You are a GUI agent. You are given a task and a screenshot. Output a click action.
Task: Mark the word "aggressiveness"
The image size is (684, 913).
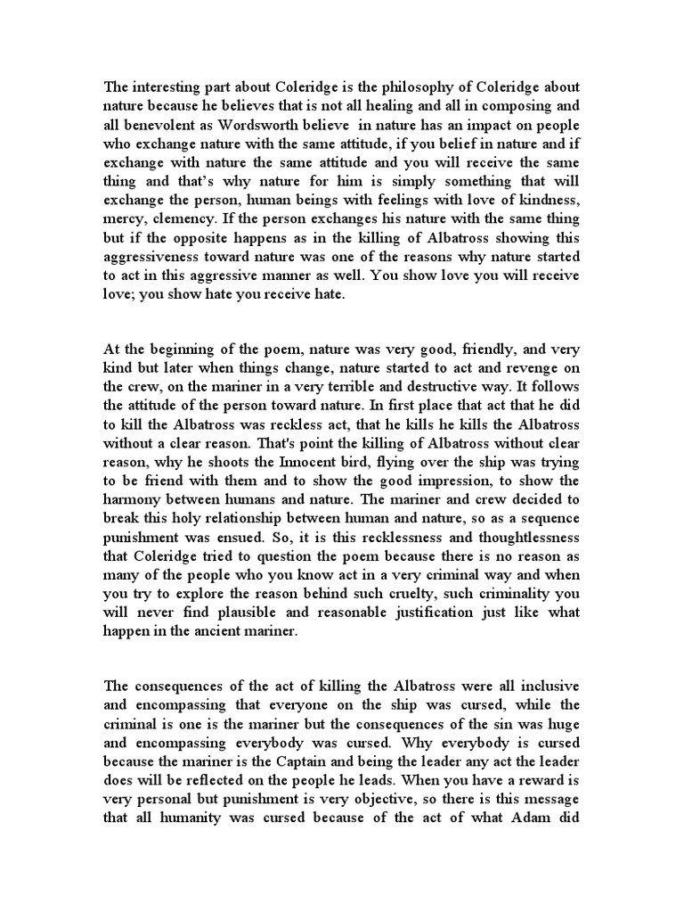pos(148,259)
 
